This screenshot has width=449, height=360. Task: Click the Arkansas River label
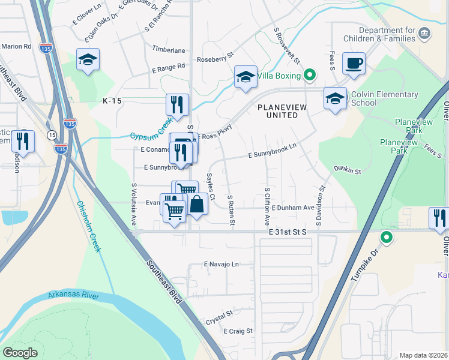coord(73,296)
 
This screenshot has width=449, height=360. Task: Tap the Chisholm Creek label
coord(88,226)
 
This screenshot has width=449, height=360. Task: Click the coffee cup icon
coord(354,63)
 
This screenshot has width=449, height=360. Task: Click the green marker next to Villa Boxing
coord(310,76)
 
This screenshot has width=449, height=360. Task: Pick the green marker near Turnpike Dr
coord(387,238)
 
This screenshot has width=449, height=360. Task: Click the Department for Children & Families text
coord(387,35)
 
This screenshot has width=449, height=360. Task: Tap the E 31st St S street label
coord(287,232)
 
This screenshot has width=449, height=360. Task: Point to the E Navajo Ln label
coord(221,264)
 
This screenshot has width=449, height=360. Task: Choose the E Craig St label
coord(238,331)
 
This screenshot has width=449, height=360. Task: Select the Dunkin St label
coord(347,171)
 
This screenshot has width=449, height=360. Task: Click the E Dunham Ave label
coord(293,208)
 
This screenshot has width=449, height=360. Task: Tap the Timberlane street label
coord(169,51)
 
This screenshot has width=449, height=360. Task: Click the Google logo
coord(20,352)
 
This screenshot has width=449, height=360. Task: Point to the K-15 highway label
coord(112,101)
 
